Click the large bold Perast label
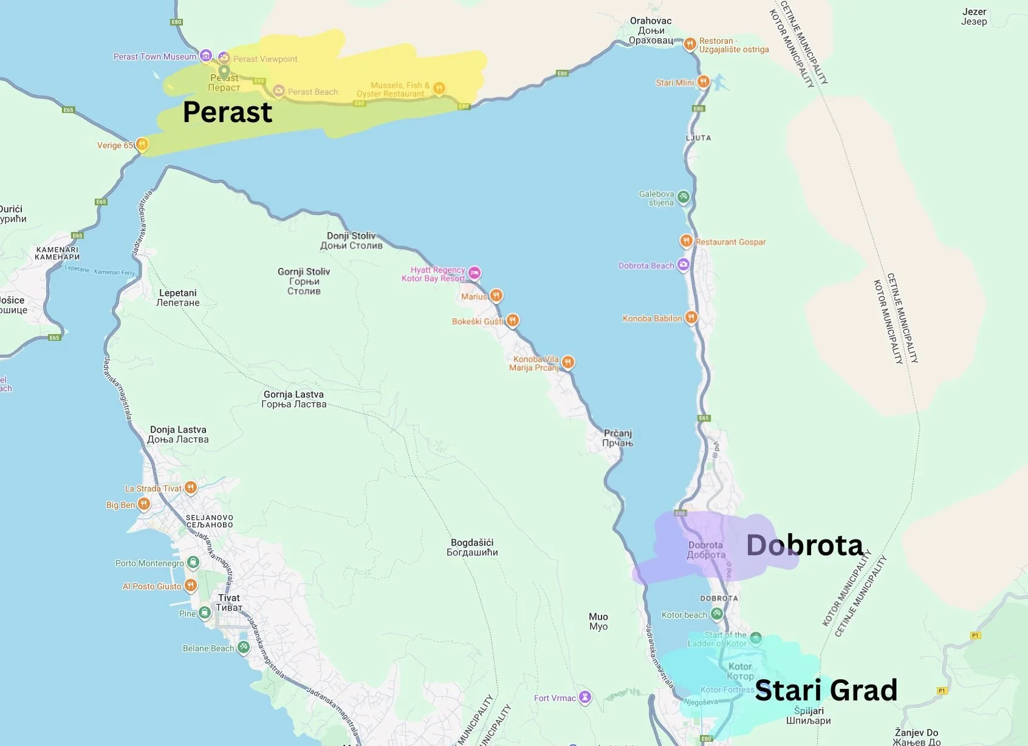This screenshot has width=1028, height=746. [227, 112]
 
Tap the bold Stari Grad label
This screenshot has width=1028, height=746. [826, 691]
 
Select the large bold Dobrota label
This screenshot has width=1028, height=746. [804, 545]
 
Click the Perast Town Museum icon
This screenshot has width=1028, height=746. [206, 56]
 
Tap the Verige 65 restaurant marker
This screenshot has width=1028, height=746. [142, 145]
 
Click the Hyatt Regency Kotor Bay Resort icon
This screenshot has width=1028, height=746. [475, 273]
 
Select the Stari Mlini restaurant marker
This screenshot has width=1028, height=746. [703, 81]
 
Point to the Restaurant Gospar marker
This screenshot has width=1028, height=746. [686, 241]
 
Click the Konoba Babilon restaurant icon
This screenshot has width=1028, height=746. [691, 317]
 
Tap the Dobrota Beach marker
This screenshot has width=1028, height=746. [684, 265]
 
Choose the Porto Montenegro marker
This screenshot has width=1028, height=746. [193, 563]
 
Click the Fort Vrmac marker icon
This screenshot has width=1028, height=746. [584, 697]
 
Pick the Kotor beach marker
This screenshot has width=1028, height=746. [717, 614]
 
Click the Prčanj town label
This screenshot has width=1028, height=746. [617, 438]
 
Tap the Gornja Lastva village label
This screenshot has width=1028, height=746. [293, 399]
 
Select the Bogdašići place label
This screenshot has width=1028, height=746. [472, 547]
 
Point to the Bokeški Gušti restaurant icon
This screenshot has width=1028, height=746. [513, 320]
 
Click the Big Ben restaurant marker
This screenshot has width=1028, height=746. [143, 504]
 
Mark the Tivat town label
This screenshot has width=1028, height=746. [229, 603]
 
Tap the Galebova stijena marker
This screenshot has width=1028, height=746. [684, 197]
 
